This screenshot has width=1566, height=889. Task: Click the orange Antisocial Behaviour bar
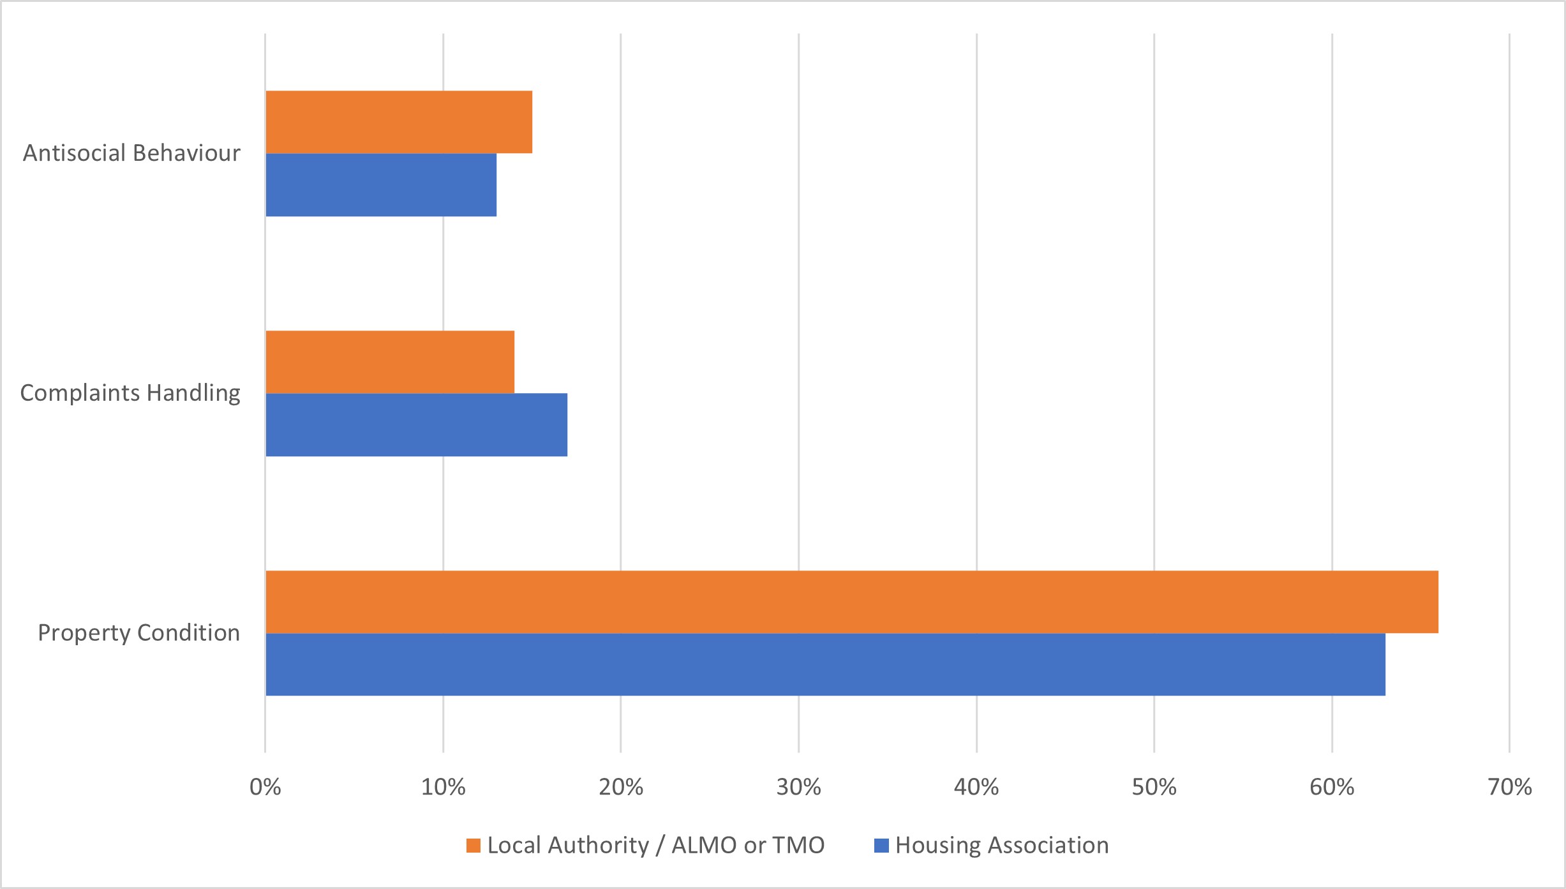tap(399, 122)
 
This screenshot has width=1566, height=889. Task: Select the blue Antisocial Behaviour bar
tap(381, 185)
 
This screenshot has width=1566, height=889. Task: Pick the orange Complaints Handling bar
tap(390, 362)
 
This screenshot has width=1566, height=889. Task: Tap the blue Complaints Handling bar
tap(416, 425)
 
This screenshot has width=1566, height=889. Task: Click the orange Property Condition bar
tap(852, 602)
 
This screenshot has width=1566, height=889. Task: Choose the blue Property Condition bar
tap(825, 664)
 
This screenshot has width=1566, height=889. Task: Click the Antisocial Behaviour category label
tap(131, 153)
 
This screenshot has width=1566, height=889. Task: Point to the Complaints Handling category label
tap(130, 393)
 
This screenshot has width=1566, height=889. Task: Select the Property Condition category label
tap(138, 633)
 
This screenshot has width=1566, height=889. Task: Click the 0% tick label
tap(265, 788)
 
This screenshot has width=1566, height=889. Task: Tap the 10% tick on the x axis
tap(443, 788)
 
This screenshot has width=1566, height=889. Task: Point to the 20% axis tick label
tap(621, 788)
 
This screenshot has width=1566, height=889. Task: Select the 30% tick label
tap(798, 788)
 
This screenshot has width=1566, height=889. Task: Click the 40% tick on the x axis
tap(976, 788)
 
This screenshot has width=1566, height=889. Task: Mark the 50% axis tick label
tap(1154, 788)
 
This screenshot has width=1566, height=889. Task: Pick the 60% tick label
tap(1332, 788)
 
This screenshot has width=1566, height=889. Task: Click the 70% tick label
tap(1509, 788)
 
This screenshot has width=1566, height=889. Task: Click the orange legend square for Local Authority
tap(473, 846)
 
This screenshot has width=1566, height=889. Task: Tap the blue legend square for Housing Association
tap(881, 846)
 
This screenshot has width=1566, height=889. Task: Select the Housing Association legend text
tap(1002, 846)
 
